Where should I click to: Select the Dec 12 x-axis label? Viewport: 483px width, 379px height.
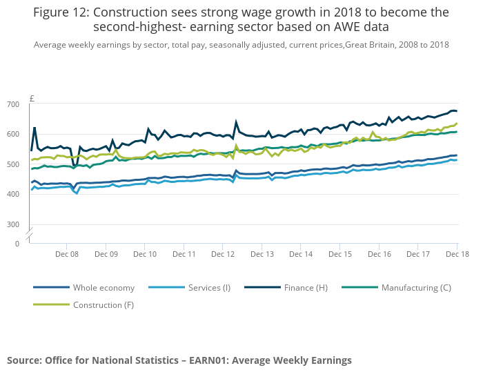(x=224, y=254)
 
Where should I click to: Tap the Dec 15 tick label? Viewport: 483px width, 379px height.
(x=340, y=254)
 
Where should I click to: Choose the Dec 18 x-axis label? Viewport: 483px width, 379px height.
(x=457, y=254)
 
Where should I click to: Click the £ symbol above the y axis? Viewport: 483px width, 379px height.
(x=32, y=99)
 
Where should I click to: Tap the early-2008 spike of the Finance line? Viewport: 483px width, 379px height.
(x=34, y=128)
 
